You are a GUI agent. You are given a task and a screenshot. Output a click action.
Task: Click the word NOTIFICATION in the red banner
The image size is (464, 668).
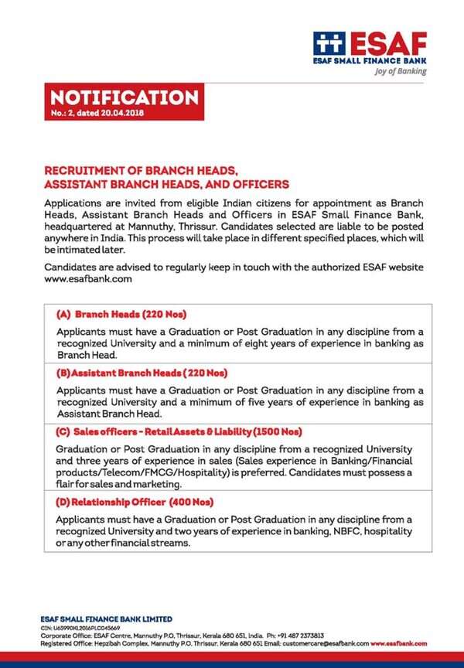tap(124, 97)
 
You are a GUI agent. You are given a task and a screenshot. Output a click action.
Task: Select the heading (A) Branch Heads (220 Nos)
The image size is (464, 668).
tap(121, 315)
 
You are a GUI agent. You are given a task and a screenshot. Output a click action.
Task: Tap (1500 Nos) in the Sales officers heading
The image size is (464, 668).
tap(275, 431)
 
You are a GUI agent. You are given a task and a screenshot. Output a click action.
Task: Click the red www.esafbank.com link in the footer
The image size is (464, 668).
tap(399, 642)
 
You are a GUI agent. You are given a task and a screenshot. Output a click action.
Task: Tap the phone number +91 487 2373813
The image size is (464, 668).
tap(297, 635)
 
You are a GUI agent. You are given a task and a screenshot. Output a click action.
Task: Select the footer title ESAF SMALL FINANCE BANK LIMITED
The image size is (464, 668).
tap(106, 619)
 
